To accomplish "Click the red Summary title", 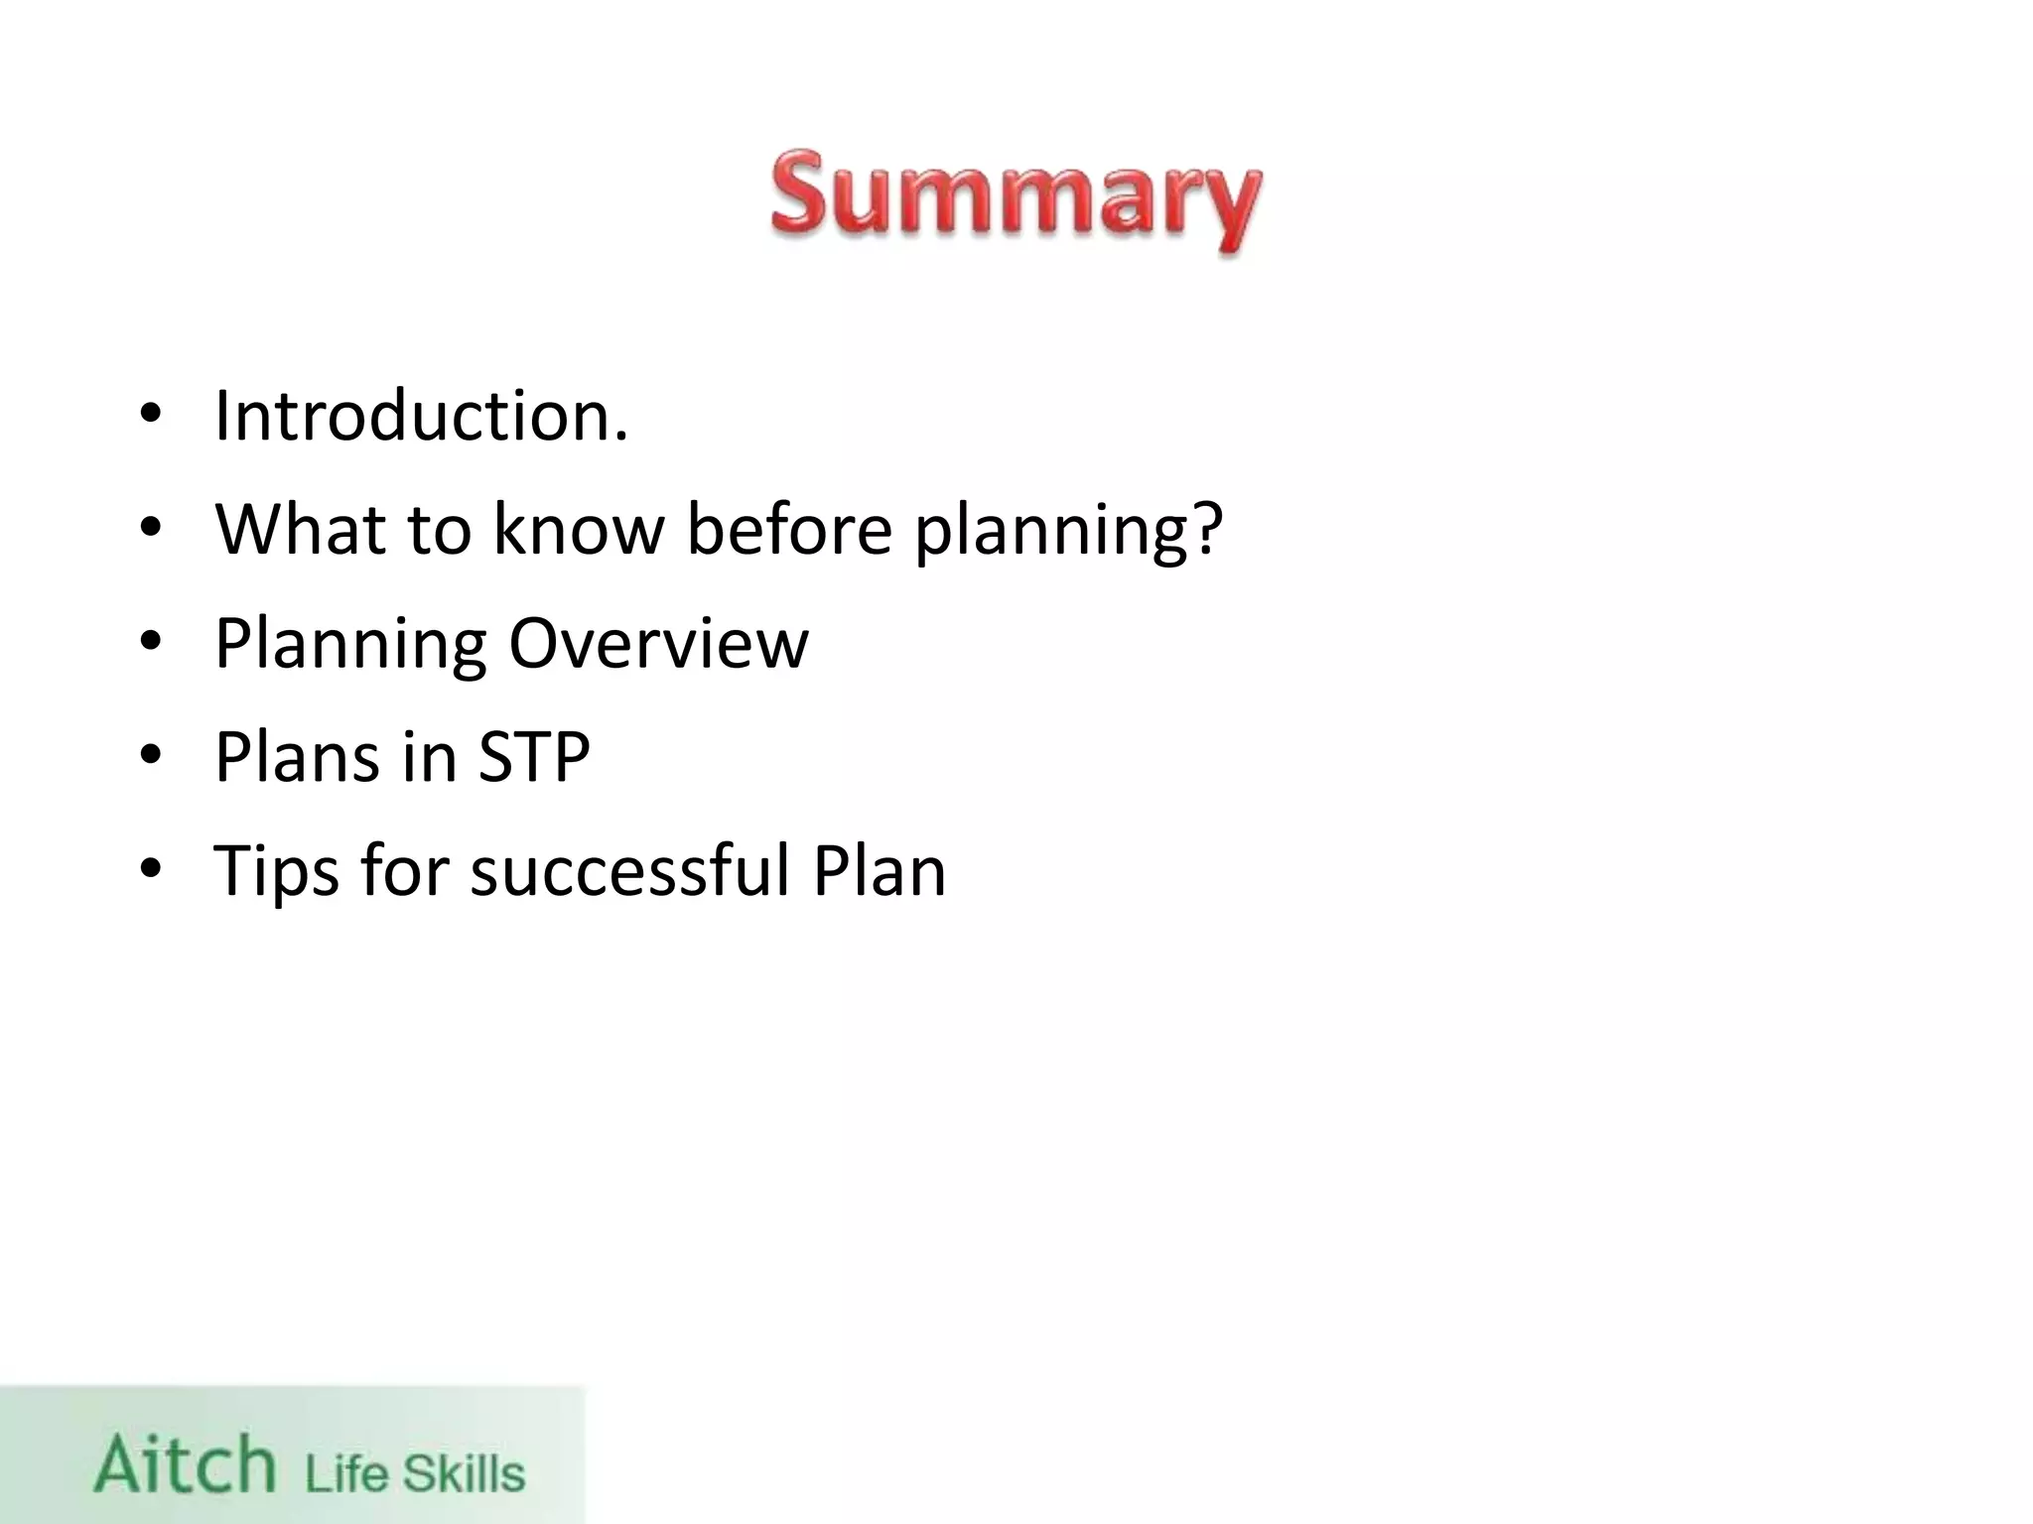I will (1016, 200).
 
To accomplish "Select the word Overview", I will (658, 643).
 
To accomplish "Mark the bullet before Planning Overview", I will (150, 642).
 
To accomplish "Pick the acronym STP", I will (534, 757).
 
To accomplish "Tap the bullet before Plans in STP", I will (150, 756).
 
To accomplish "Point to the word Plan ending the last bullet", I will (880, 870).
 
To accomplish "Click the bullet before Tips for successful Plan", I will (150, 870).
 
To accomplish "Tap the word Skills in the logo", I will (464, 1472).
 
